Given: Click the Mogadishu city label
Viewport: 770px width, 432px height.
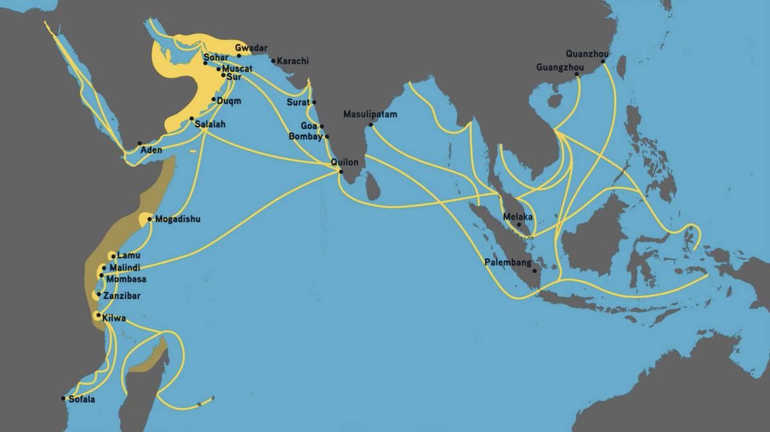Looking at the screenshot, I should (x=178, y=219).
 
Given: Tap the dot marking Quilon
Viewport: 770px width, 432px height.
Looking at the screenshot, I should (x=341, y=171).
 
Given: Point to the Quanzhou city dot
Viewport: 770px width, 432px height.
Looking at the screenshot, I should (x=603, y=62).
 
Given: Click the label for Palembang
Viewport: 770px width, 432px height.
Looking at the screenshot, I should (x=508, y=263).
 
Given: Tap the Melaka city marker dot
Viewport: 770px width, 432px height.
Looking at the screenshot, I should (x=519, y=225).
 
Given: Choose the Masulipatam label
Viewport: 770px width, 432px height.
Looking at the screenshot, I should (x=370, y=114).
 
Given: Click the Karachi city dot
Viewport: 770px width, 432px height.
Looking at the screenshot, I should (x=273, y=62).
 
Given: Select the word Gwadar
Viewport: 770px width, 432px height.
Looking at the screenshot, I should (x=251, y=48).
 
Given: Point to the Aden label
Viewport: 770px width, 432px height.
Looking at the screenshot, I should (x=151, y=150).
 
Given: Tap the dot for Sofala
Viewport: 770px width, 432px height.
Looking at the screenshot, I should (x=64, y=399).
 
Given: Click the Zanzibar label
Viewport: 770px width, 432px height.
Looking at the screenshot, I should (x=121, y=296).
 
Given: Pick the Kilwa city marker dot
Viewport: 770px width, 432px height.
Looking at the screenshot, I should (x=97, y=315).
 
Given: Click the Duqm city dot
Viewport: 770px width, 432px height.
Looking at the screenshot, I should (x=214, y=99).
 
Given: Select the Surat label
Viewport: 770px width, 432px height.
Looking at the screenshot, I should (x=298, y=102).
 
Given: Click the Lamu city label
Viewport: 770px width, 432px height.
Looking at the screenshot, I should (x=128, y=255).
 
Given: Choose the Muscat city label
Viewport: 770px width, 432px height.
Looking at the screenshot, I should (x=237, y=68).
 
